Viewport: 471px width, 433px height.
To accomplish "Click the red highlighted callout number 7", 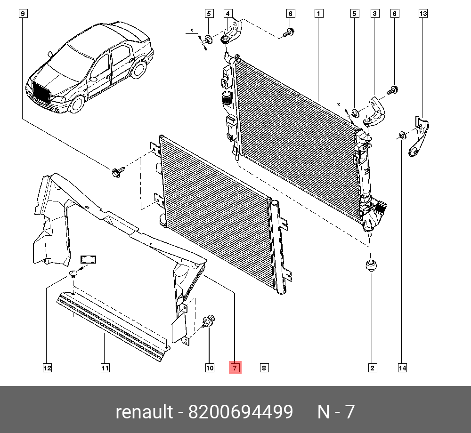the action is tap(235, 368).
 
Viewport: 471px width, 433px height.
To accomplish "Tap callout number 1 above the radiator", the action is tap(319, 14).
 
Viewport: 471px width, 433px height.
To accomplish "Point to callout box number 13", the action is tap(423, 14).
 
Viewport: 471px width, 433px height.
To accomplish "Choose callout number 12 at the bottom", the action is tap(47, 368).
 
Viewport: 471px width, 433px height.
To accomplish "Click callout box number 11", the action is tap(105, 368).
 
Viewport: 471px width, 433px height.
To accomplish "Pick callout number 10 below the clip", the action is tap(209, 368).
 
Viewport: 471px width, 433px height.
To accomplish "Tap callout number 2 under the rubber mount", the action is tap(372, 368).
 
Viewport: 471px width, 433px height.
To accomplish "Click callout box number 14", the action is tap(402, 368).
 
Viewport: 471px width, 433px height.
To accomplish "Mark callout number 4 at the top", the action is tap(228, 14).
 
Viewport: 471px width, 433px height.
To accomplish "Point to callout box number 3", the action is tap(374, 14).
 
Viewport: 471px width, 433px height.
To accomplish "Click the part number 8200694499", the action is tap(241, 412).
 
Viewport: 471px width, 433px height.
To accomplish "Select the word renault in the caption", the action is tap(144, 412).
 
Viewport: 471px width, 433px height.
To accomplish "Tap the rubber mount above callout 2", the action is tap(372, 266).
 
